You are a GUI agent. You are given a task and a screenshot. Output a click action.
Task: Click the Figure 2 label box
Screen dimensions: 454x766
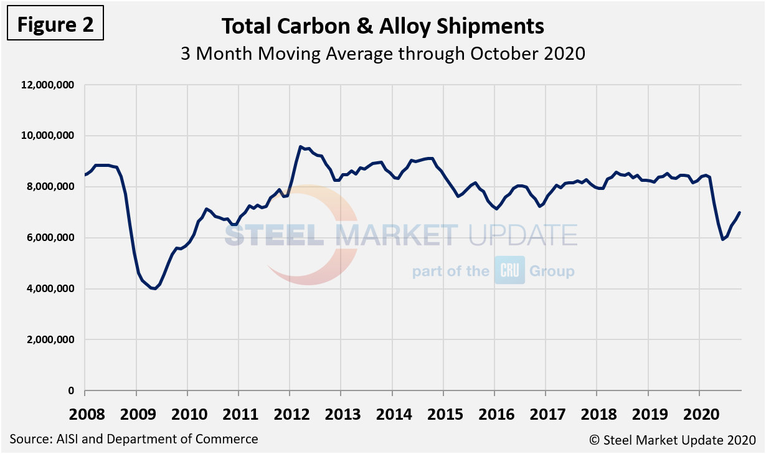55,25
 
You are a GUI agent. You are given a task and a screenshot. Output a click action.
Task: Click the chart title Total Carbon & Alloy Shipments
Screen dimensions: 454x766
383,26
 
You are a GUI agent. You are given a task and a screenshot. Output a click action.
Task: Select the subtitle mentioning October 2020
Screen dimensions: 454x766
383,54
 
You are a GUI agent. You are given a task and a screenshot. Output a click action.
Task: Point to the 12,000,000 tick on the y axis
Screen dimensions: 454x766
48,85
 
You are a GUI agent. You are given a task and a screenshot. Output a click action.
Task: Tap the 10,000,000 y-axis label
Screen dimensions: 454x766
48,136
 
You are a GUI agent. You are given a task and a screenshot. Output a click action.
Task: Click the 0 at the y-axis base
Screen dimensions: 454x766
71,391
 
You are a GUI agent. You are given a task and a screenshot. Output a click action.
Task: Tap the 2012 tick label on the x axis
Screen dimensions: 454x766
289,414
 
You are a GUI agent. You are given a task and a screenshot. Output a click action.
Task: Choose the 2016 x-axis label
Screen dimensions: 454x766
494,414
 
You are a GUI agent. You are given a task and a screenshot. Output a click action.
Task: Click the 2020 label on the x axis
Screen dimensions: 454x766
699,414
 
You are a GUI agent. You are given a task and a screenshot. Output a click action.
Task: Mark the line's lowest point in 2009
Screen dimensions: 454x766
154,289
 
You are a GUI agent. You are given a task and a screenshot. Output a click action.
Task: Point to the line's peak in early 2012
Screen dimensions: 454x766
300,147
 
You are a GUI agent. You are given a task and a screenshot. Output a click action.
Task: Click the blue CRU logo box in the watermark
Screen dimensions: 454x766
509,270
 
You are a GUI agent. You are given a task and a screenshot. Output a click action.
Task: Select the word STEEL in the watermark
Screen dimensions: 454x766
277,235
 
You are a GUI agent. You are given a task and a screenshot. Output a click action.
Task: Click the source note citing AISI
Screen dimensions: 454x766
134,439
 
